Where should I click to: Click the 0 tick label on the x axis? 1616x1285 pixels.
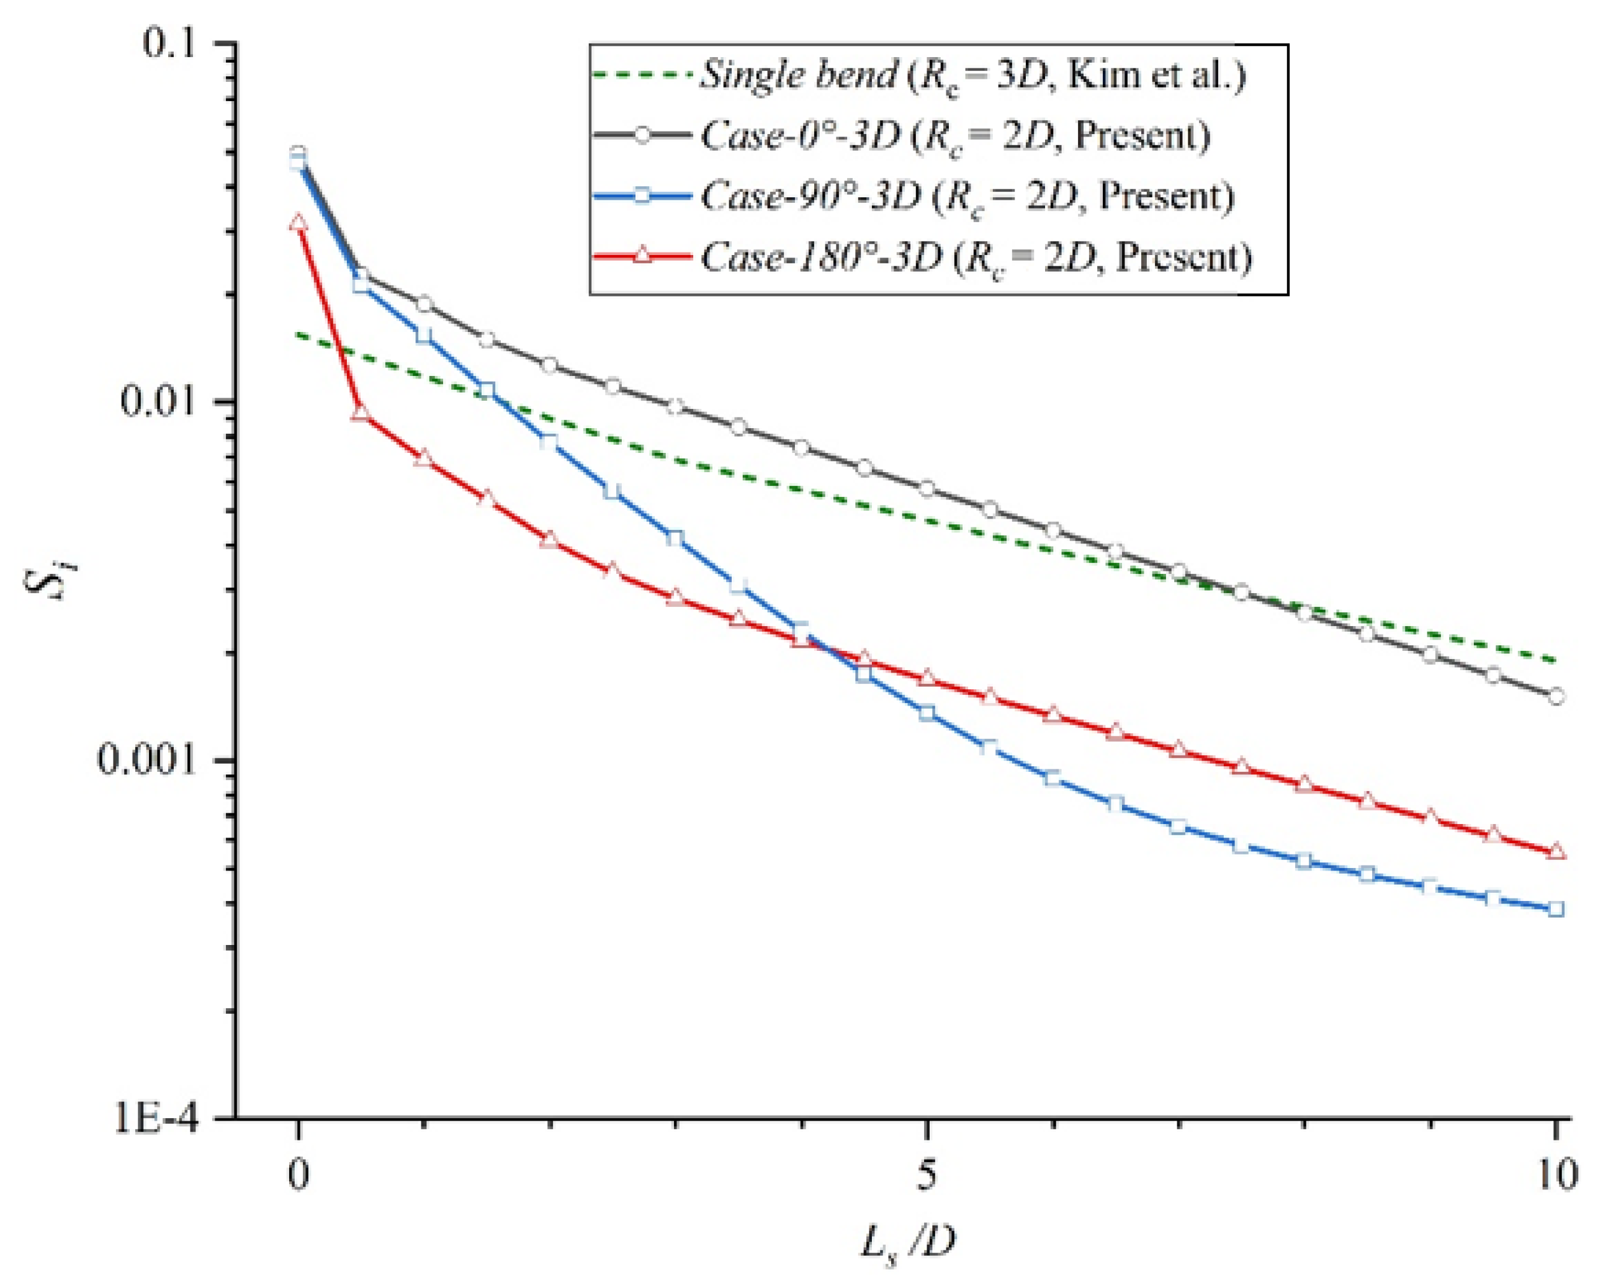click(x=299, y=1175)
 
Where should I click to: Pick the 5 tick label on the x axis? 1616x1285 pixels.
click(x=927, y=1175)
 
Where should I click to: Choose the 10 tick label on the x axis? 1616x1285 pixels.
click(x=1556, y=1175)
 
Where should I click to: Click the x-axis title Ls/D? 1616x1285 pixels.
click(x=909, y=1245)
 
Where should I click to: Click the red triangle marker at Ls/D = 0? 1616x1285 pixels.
click(x=299, y=223)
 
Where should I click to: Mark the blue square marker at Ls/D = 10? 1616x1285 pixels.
click(x=1556, y=909)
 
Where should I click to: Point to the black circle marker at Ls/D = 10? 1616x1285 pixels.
click(x=1556, y=696)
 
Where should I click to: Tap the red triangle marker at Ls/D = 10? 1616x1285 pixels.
click(x=1556, y=851)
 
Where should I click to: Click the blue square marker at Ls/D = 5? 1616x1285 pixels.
click(x=927, y=712)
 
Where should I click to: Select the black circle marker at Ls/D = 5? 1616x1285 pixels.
click(x=927, y=488)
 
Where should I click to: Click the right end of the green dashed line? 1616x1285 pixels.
click(x=1555, y=661)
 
